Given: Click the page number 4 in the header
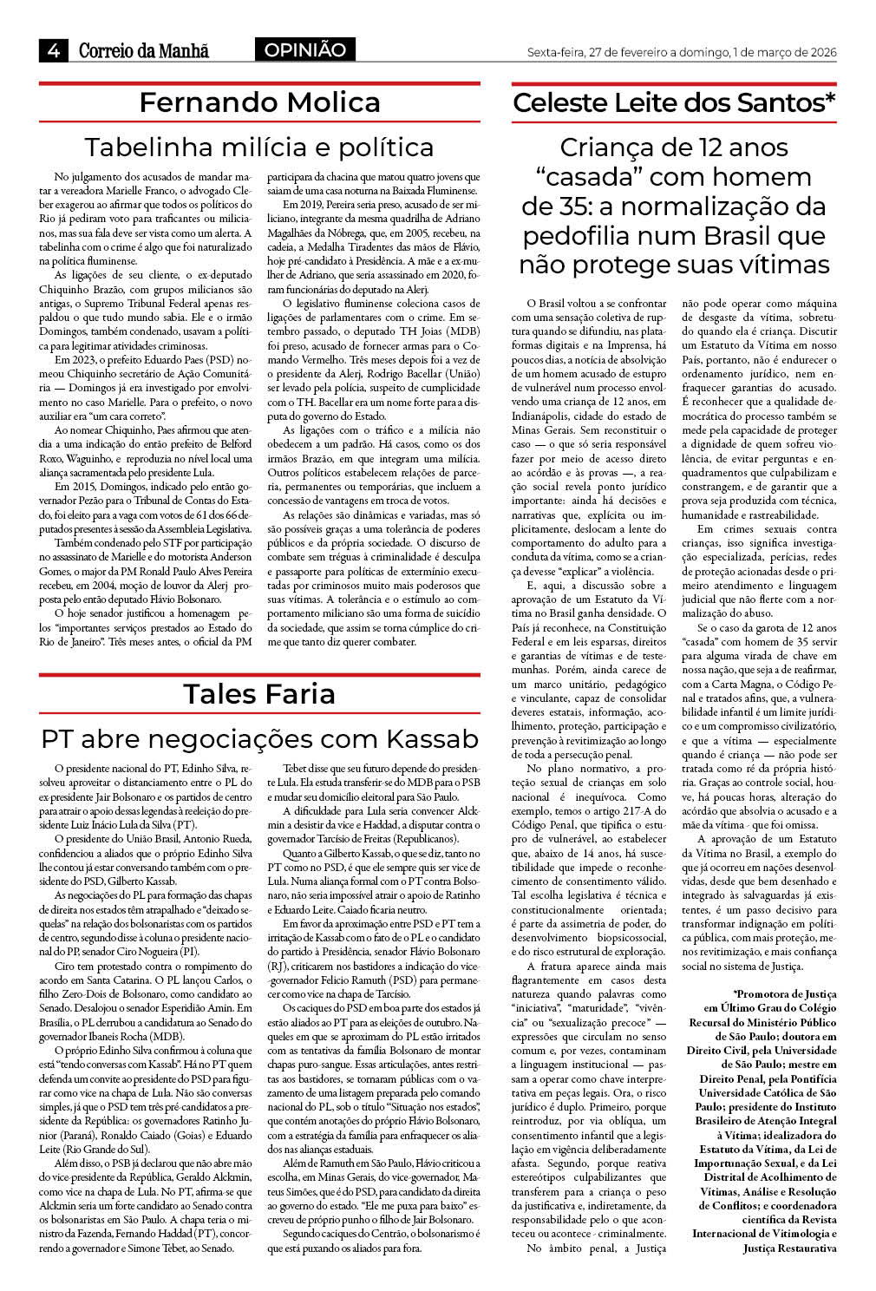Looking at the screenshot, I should point(54,51).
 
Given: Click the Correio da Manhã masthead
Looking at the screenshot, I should point(144,51).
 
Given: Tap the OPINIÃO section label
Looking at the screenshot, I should point(304,50).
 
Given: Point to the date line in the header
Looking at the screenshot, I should point(682,52).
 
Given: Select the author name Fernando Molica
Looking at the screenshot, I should point(259,103).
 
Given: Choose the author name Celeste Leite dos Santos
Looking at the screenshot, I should point(674,103).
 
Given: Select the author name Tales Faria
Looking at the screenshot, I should point(259,694).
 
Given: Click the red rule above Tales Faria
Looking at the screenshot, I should point(259,674).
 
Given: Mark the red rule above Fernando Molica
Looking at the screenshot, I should point(259,83).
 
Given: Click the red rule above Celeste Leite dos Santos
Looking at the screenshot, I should point(674,83).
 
